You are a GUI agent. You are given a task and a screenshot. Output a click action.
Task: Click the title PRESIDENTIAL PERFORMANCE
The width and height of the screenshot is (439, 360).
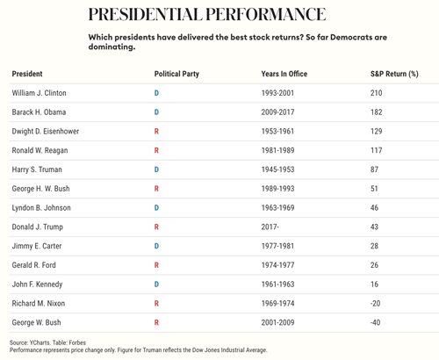point(207,14)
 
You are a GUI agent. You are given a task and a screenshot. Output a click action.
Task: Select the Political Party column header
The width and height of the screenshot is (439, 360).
point(176,74)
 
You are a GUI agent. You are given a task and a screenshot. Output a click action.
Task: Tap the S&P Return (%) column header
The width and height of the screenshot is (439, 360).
point(394,74)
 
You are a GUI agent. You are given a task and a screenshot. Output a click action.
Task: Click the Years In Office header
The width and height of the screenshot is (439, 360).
point(284,74)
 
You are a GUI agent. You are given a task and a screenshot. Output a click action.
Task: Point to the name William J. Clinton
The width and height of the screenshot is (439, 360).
point(40,93)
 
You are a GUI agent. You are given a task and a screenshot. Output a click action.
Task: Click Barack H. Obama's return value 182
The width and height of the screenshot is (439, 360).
point(377,112)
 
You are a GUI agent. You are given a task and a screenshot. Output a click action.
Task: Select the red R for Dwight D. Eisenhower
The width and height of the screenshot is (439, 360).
point(156,132)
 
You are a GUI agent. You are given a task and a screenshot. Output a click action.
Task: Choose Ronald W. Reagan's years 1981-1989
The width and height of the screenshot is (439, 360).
point(277,150)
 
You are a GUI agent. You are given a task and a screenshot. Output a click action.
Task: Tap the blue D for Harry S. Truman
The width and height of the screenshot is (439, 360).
point(156,169)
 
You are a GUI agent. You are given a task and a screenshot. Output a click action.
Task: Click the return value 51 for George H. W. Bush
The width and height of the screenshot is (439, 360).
point(374,189)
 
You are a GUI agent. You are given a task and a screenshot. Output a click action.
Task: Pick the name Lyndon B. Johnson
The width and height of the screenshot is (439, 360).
point(41,208)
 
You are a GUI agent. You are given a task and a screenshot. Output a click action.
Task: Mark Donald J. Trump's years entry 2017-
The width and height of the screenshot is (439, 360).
point(270,227)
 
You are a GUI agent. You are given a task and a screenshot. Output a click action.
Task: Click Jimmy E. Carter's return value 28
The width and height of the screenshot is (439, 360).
point(374,246)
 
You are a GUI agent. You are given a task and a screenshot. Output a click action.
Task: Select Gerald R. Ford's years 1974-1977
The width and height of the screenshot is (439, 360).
point(277,265)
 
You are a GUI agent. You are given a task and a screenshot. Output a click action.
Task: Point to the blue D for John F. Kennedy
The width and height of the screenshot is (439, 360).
point(156,284)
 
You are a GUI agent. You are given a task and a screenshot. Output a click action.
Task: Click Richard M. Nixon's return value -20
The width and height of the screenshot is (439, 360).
point(375,303)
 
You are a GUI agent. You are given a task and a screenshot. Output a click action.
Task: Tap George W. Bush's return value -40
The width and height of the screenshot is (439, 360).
point(375,322)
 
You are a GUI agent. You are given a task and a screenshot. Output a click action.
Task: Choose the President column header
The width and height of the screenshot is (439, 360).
point(27,74)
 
